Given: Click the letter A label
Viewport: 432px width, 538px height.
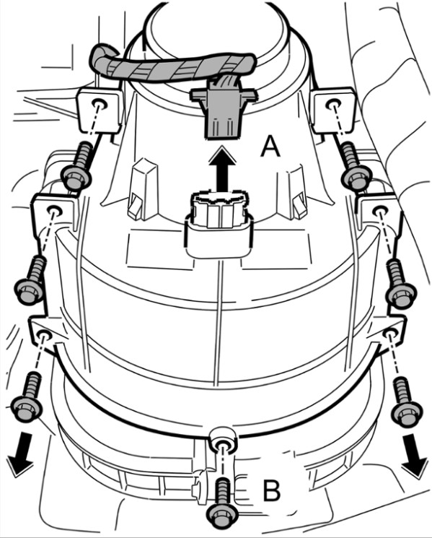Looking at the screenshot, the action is [270, 146].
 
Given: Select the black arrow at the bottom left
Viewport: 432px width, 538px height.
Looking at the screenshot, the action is [21, 454].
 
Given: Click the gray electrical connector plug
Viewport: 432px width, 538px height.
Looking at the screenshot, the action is [223, 112].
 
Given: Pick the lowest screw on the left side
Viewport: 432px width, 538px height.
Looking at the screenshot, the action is [27, 396].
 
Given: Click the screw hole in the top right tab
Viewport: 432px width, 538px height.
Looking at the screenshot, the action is [332, 104].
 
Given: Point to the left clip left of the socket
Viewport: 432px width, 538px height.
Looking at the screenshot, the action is [143, 188].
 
